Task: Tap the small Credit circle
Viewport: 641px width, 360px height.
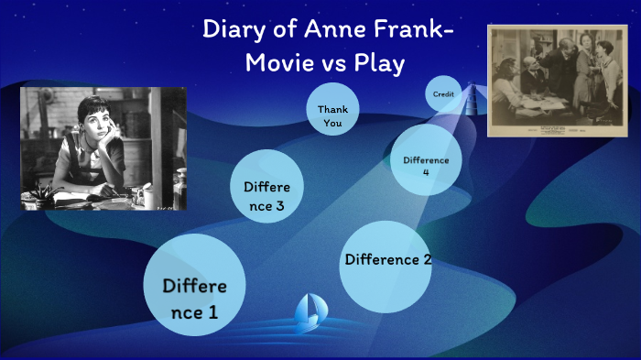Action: coord(443,93)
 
